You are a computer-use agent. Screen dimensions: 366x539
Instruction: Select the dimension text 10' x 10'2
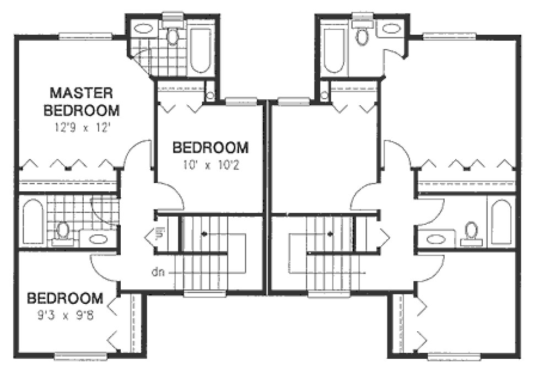(x=211, y=164)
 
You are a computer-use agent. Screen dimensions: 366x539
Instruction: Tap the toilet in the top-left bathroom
(x=173, y=36)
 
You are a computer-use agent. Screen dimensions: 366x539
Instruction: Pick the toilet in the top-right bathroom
(x=362, y=36)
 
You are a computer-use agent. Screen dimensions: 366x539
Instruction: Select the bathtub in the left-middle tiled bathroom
(x=33, y=223)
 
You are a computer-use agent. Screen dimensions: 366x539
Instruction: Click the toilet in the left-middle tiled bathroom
(x=63, y=231)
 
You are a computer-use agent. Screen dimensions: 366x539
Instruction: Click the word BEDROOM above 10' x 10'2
(x=211, y=148)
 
